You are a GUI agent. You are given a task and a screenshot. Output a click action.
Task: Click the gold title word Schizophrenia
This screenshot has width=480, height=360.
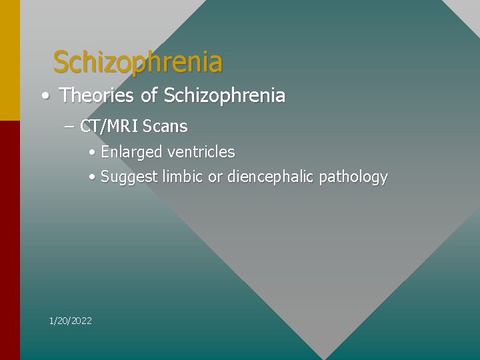[137, 62]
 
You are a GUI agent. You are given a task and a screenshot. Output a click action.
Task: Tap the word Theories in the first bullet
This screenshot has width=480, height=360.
[97, 96]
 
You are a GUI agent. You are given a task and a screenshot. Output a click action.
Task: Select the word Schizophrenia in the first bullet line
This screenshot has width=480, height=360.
[224, 96]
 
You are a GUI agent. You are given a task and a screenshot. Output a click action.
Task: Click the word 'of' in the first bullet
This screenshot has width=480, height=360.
[149, 96]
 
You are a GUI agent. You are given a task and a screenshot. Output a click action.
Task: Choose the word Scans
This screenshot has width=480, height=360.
[165, 126]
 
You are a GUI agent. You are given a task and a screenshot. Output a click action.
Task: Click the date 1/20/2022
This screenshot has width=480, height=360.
[71, 321]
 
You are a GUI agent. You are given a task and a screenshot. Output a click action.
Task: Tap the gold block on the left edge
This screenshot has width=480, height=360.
[9, 60]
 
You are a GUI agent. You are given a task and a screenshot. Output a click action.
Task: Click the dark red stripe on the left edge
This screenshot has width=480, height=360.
[9, 240]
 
